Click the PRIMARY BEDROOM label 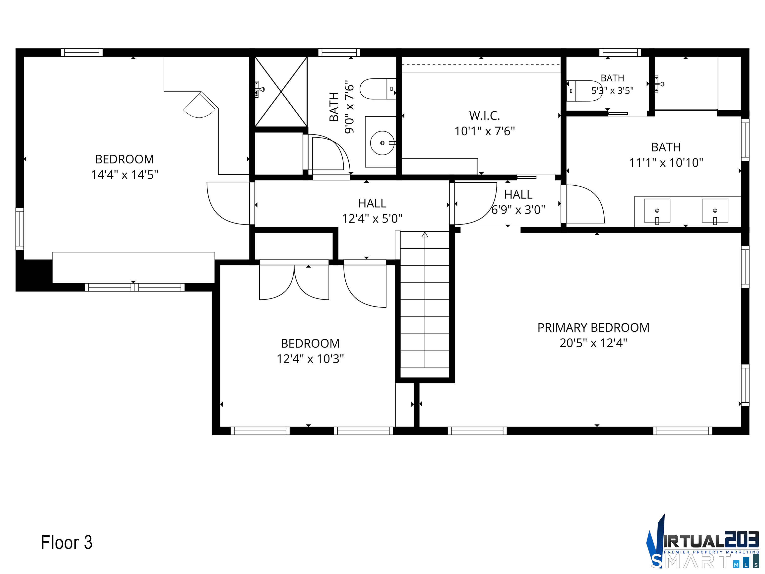pos(593,327)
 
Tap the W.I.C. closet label pos(485,116)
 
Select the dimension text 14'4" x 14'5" pos(125,175)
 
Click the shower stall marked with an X pos(281,92)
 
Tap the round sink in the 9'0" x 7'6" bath pos(382,143)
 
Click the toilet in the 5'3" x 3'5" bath pos(584,91)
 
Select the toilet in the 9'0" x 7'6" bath pos(378,89)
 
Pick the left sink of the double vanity pos(657,211)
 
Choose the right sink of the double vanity pos(715,211)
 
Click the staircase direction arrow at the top pos(425,235)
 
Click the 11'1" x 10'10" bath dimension pos(666,163)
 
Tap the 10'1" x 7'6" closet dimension pos(485,131)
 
